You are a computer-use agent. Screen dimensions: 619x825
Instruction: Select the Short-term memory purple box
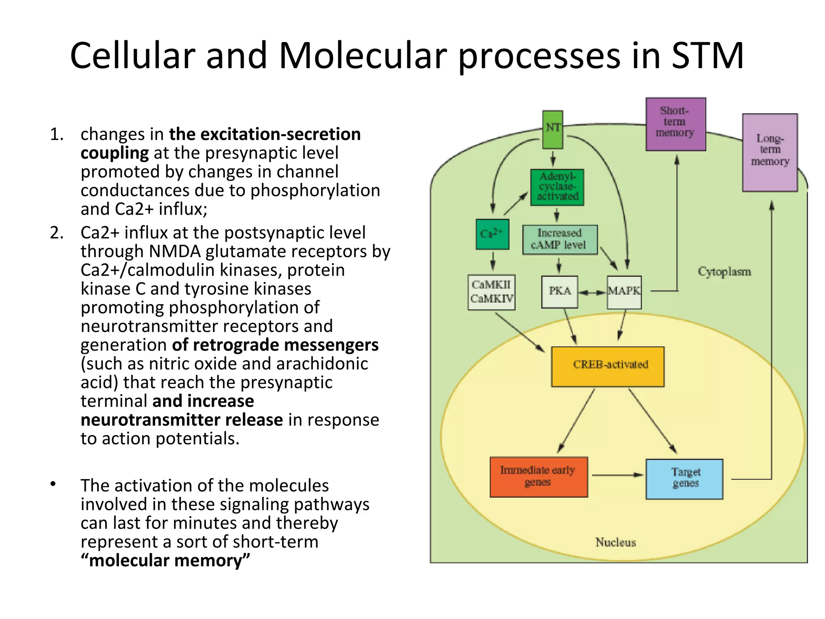(676, 124)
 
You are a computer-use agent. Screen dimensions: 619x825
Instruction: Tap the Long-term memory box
(769, 152)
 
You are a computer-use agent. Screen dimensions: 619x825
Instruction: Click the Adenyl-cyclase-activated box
(557, 187)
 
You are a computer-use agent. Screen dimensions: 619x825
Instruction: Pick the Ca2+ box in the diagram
(492, 234)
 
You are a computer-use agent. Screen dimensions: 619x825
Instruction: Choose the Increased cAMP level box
(560, 239)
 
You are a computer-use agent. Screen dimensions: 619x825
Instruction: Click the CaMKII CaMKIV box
(491, 292)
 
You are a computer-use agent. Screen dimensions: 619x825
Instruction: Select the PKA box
(560, 292)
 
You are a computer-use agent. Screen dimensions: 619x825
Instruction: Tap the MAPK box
(624, 292)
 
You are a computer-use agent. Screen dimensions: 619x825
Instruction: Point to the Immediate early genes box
(539, 477)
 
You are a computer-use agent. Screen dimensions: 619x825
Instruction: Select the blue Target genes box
(684, 479)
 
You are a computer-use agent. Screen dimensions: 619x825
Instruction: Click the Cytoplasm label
(724, 272)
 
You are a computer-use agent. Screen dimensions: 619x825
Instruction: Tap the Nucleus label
(616, 542)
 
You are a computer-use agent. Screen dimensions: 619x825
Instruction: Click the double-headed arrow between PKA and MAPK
(592, 293)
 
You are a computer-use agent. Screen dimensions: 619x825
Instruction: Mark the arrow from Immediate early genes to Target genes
(617, 475)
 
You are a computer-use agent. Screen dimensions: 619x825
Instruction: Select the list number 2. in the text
(57, 233)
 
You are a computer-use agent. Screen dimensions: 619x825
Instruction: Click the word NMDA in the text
(175, 251)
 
